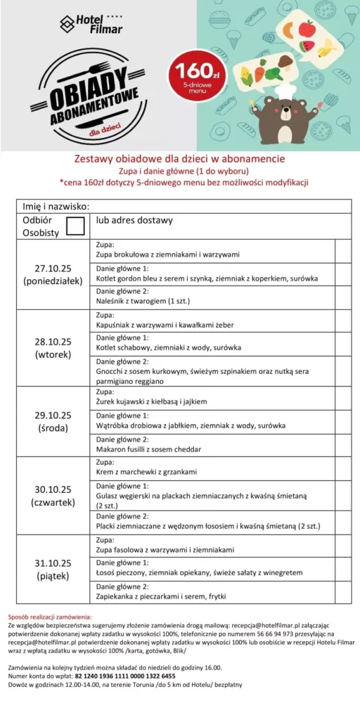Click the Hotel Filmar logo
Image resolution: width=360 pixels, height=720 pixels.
91,25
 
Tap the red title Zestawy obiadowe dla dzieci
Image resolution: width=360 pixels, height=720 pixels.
179,159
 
